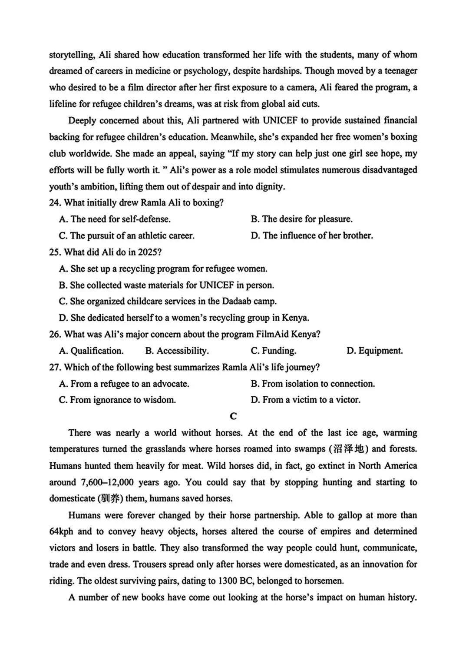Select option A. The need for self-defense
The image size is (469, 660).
115,219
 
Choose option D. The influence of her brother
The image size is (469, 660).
311,236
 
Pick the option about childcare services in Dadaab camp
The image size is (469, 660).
168,302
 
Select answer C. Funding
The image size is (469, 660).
273,351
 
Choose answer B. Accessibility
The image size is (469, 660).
177,351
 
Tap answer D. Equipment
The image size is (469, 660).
374,351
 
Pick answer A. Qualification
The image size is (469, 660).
91,351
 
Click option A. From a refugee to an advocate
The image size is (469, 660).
124,384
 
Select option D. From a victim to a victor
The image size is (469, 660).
305,400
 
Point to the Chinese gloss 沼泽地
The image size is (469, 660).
348,449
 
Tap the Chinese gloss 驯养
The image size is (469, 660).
109,499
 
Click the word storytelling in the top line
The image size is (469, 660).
71,55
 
